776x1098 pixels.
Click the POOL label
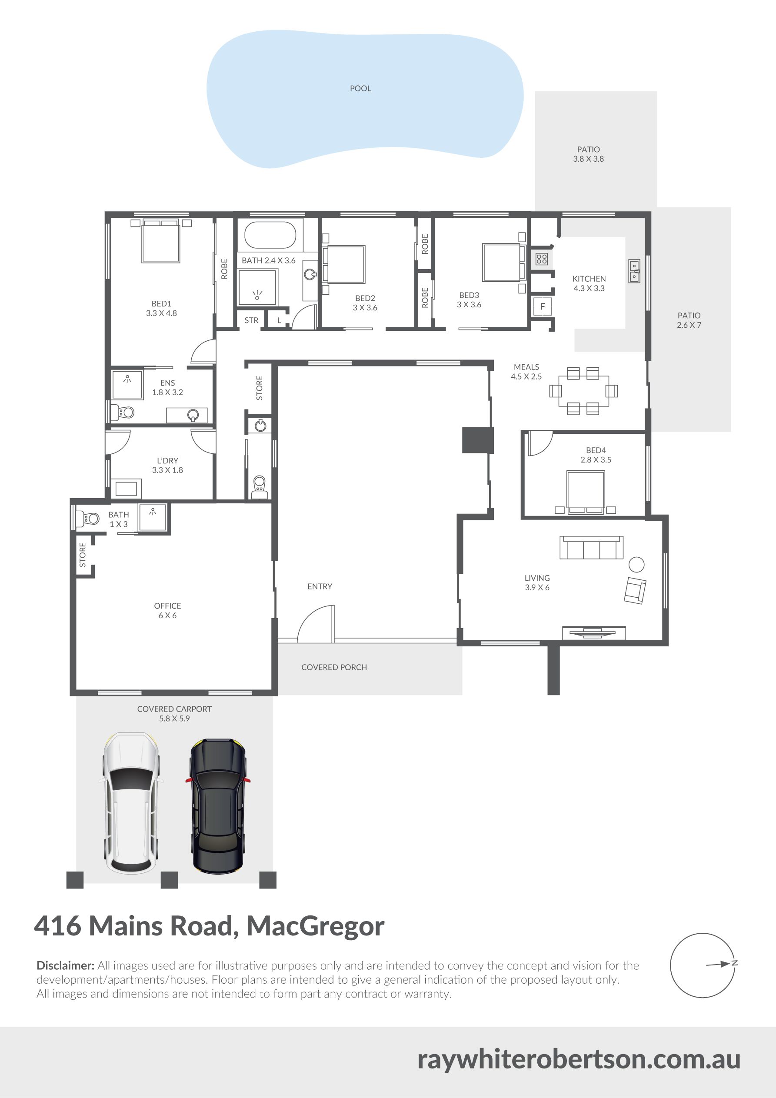click(x=360, y=89)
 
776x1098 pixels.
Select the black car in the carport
click(x=218, y=806)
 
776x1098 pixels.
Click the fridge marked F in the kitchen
click(x=543, y=306)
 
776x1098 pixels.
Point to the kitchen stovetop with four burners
click(x=542, y=259)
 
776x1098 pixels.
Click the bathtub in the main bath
click(x=270, y=235)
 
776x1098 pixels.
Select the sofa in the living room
click(x=591, y=548)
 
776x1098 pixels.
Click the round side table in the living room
click(x=636, y=564)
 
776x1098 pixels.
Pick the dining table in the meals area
click(x=584, y=391)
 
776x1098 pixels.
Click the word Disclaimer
click(x=66, y=965)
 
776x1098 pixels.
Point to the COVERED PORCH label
click(x=334, y=667)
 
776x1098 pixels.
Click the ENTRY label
click(x=320, y=586)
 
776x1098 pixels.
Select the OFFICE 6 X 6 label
click(x=167, y=611)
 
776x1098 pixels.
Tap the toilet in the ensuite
click(x=122, y=412)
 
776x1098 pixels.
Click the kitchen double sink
click(x=634, y=271)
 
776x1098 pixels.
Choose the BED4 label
click(x=596, y=450)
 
